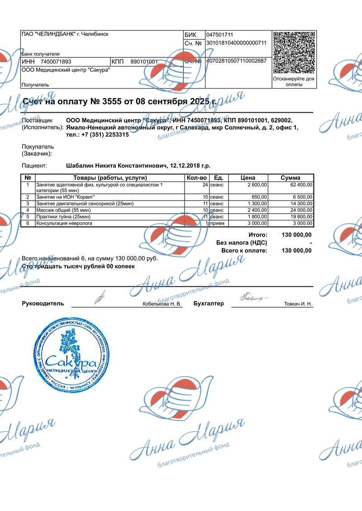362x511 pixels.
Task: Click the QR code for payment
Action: [294, 52]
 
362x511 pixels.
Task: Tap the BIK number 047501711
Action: [219, 35]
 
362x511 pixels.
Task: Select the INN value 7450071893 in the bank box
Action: [56, 61]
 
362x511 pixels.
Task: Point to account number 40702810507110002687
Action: [236, 61]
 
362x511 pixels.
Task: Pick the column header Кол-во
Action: [197, 178]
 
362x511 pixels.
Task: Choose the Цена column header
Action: [248, 178]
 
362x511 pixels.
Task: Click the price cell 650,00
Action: [259, 197]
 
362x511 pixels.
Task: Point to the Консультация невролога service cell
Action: [64, 223]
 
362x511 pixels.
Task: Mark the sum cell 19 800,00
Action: [299, 217]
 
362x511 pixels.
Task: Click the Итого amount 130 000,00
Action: [296, 235]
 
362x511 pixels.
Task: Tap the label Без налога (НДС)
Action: [242, 243]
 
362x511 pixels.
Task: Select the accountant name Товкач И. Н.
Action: [298, 304]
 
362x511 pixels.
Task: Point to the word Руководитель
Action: [43, 304]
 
